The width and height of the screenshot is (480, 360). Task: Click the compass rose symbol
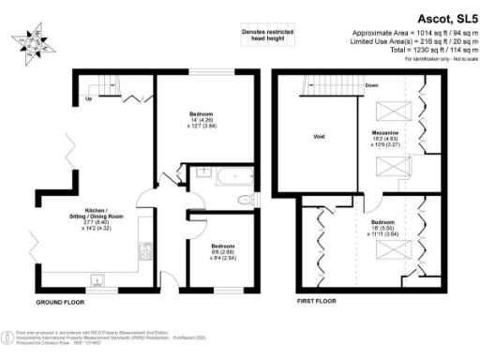[x=32, y=44]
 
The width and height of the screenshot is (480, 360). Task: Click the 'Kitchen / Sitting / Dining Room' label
[x=97, y=218]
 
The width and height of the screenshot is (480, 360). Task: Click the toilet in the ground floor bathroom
[x=247, y=200]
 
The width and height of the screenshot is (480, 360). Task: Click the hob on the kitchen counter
[x=145, y=250]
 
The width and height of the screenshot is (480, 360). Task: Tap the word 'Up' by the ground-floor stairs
[x=88, y=97]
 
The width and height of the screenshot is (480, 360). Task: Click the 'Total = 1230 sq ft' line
[x=417, y=51]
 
